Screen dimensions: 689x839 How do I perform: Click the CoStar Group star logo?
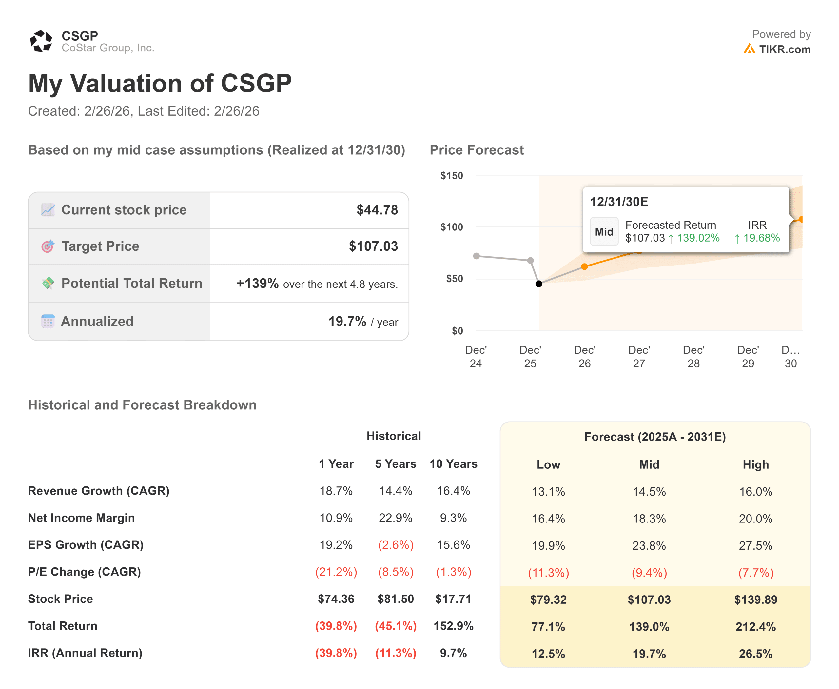(41, 41)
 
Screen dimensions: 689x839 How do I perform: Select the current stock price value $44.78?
(377, 210)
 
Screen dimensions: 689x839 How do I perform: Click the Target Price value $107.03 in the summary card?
(373, 246)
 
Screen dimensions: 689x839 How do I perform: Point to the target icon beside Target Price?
(48, 246)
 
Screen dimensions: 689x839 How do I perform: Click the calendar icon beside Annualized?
(48, 321)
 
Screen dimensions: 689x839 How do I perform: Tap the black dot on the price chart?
(538, 284)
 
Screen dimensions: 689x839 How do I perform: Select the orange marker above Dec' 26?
(584, 267)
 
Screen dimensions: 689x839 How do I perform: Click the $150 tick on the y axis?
(451, 176)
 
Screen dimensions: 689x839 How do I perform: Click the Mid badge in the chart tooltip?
(604, 232)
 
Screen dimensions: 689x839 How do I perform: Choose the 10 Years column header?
(453, 464)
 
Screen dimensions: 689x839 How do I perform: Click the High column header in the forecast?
(755, 465)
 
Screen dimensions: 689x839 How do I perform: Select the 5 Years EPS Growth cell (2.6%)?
(395, 545)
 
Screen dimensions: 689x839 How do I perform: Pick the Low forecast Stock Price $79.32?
(548, 600)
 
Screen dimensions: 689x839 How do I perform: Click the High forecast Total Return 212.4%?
(755, 627)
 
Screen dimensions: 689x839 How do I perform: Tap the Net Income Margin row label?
(81, 518)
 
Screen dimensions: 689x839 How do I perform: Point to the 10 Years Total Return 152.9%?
(453, 626)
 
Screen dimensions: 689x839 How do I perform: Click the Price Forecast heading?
(476, 150)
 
